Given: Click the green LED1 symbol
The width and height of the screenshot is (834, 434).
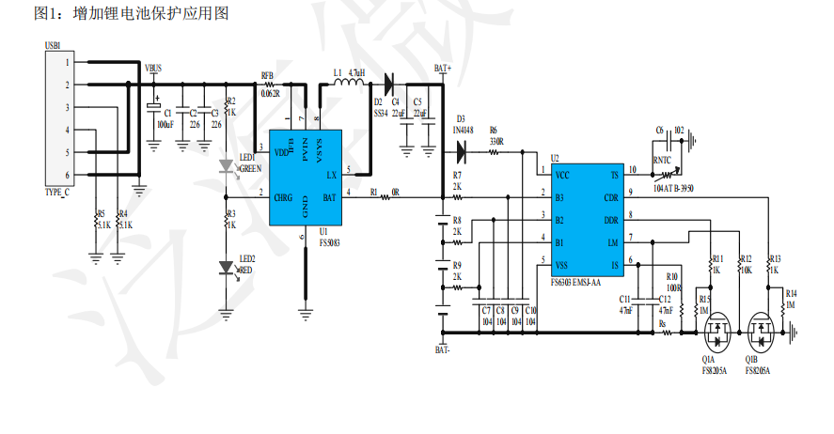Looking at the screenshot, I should pyautogui.click(x=227, y=167).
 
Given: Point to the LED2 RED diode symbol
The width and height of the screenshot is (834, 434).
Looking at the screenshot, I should pyautogui.click(x=227, y=269).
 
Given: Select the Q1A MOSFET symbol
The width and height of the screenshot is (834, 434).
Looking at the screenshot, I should pyautogui.click(x=718, y=331).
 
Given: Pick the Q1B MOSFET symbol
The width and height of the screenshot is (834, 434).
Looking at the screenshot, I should pyautogui.click(x=762, y=331).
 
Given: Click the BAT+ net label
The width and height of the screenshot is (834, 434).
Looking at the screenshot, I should pyautogui.click(x=443, y=68).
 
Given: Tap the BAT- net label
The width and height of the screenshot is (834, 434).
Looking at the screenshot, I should pyautogui.click(x=443, y=349).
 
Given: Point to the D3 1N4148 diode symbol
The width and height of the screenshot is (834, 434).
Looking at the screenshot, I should pyautogui.click(x=462, y=143).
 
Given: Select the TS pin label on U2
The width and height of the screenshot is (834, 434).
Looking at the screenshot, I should pyautogui.click(x=614, y=175).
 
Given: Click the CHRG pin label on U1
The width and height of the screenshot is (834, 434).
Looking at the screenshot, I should pyautogui.click(x=283, y=197).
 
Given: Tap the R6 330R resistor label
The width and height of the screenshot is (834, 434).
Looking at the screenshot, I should pyautogui.click(x=495, y=136).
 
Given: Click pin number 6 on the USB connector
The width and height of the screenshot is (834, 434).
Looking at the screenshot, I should pyautogui.click(x=67, y=176).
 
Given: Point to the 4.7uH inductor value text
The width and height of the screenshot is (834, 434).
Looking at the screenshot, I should pyautogui.click(x=356, y=72).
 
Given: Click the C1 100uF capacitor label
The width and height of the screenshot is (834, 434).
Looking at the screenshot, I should pyautogui.click(x=164, y=118).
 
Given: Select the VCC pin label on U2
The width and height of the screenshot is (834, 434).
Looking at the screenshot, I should pyautogui.click(x=562, y=175).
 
